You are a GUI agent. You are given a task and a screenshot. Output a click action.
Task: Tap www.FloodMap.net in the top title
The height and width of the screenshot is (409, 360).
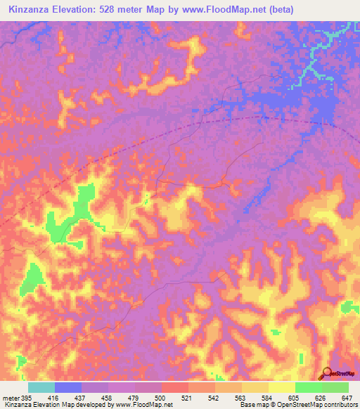tap(219, 9)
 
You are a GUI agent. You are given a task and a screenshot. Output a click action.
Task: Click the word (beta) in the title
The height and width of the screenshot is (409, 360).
tap(277, 9)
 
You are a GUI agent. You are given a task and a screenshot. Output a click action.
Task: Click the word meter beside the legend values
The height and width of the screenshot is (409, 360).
tap(9, 397)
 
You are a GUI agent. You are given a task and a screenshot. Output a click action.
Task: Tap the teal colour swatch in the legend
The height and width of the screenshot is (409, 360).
tap(41, 387)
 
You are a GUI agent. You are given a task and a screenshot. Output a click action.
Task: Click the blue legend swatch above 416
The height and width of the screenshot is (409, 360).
tap(68, 387)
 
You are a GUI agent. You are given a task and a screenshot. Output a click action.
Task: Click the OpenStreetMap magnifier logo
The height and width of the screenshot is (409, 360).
tap(326, 372)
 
